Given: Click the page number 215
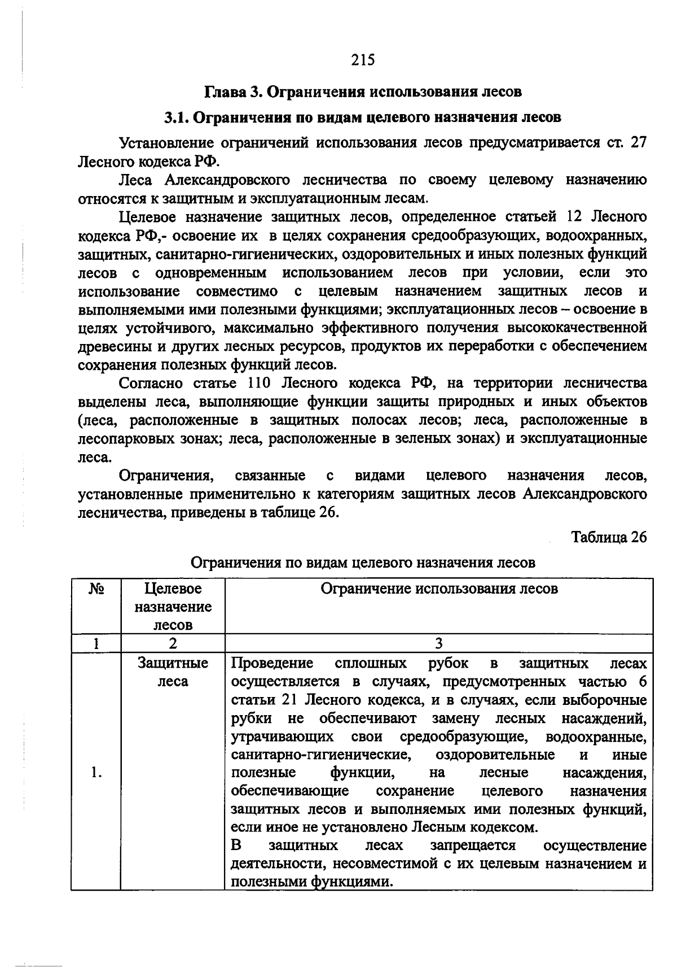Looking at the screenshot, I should point(363,60).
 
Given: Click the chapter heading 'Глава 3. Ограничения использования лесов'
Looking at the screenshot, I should point(363,92).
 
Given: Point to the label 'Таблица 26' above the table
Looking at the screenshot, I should point(609,537).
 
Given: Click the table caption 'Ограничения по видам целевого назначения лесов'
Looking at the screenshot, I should point(363,563).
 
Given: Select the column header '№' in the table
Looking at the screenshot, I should point(96,589).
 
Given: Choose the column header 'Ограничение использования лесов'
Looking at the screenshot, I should point(439,589).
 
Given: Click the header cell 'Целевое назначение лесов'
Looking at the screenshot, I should point(173,607).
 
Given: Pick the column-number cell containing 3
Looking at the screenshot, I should point(439,643).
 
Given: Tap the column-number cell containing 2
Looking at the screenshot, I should point(173,643).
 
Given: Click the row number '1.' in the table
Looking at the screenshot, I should point(96,773).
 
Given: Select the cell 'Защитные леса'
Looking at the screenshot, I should point(173,672).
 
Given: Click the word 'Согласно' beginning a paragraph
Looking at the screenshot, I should point(150,384).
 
